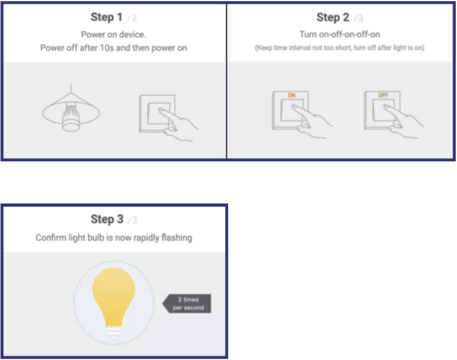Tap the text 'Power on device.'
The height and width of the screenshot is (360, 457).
(x=113, y=35)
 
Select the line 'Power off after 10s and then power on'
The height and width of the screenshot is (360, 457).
(x=113, y=48)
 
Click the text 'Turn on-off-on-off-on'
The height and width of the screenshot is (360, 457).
(x=340, y=35)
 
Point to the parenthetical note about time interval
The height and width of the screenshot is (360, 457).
(x=340, y=48)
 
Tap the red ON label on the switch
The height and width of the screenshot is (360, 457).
(x=291, y=95)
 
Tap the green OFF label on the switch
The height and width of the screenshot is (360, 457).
(x=382, y=95)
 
